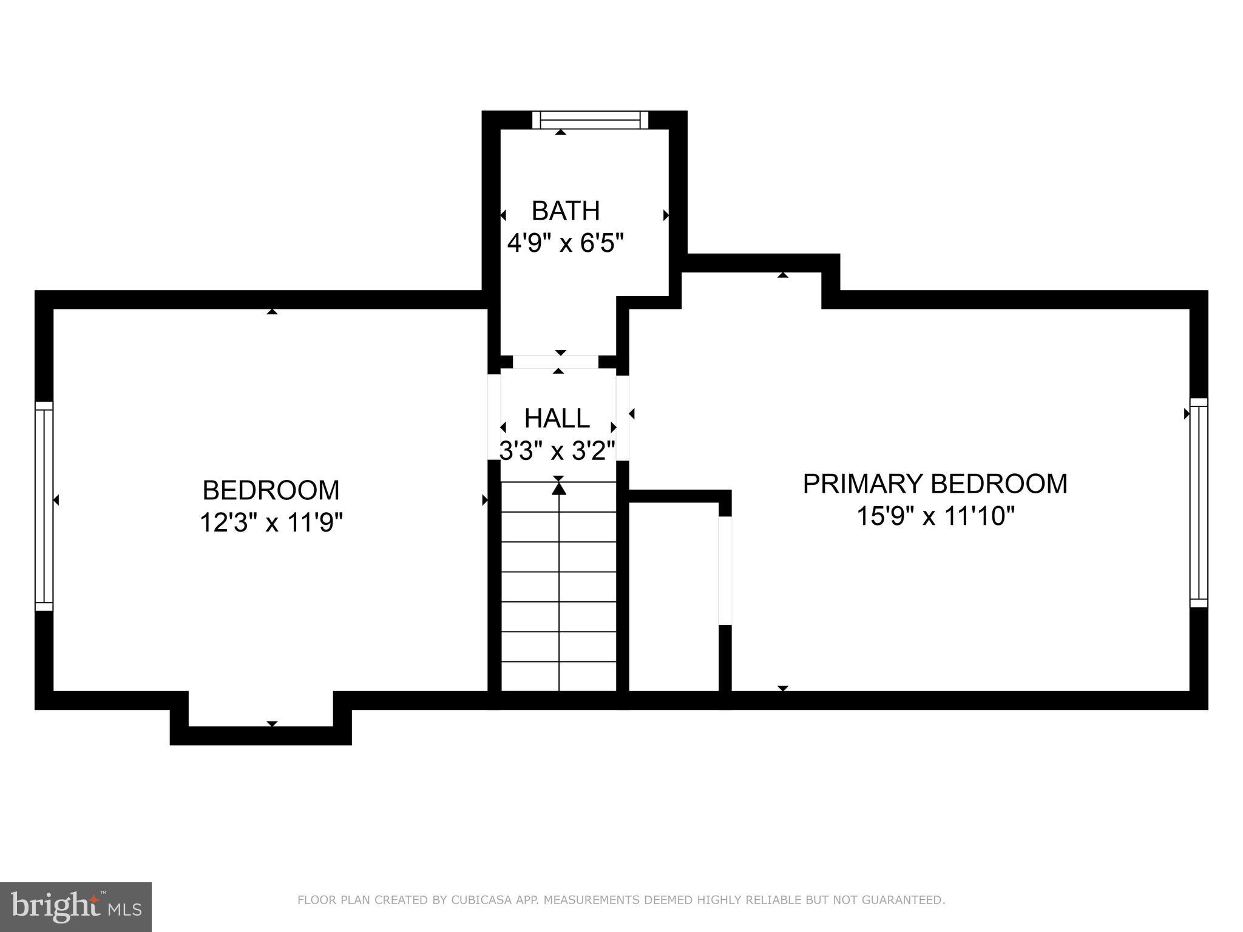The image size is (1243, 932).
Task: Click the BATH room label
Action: [x=566, y=211]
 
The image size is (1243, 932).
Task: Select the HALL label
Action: [x=557, y=418]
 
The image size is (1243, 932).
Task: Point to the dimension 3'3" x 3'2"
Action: [x=557, y=451]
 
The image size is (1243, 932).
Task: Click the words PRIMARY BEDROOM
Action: [x=935, y=484]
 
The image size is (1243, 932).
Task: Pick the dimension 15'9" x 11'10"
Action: [x=935, y=516]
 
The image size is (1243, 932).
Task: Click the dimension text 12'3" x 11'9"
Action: [x=271, y=522]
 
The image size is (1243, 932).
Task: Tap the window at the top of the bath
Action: [x=590, y=120]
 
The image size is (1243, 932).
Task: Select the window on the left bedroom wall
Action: [x=44, y=506]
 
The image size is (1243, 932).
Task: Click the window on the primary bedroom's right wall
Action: [x=1199, y=502]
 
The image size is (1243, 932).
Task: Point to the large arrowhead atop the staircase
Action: [x=559, y=488]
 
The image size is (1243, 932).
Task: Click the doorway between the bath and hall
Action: [x=555, y=362]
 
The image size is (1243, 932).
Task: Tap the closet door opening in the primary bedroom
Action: [x=725, y=570]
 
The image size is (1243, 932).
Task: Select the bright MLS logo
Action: [x=75, y=907]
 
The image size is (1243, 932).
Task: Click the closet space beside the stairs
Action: [x=674, y=598]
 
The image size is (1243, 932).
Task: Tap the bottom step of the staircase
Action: [x=558, y=677]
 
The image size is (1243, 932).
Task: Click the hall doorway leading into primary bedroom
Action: [x=623, y=418]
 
